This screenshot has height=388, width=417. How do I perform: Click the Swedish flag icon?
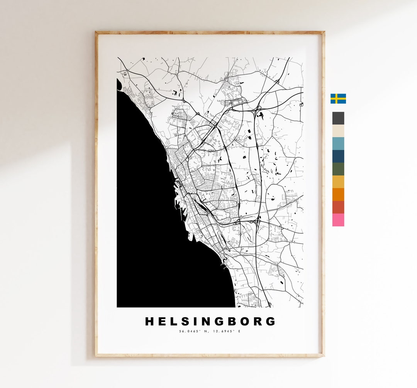click(x=338, y=99)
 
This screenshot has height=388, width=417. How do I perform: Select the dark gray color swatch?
click(x=338, y=118)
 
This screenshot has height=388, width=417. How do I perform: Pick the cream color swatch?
click(x=338, y=131)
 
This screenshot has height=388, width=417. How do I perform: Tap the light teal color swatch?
click(x=338, y=143)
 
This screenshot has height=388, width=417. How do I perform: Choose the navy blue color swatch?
click(x=338, y=156)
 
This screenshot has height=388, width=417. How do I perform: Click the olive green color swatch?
click(x=338, y=169)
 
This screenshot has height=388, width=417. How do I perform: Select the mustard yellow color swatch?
click(x=338, y=182)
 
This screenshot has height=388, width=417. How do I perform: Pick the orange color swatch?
click(x=338, y=194)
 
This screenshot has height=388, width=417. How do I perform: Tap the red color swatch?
click(x=338, y=207)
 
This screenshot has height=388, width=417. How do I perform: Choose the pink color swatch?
click(x=338, y=220)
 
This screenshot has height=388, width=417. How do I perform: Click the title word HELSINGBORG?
click(x=210, y=322)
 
